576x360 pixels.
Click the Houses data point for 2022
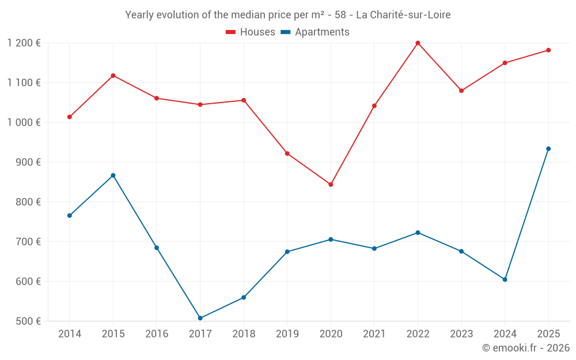418,43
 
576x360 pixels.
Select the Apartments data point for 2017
200,318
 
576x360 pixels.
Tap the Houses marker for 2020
331,184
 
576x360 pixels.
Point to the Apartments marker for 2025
548,149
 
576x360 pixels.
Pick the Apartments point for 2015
113,175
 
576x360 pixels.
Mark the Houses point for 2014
70,117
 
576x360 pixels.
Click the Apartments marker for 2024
505,279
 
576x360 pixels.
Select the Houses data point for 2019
287,153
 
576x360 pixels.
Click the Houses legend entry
251,32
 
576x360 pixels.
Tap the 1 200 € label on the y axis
24,43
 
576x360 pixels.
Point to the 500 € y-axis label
28,321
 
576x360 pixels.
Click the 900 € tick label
28,162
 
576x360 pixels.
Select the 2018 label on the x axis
244,334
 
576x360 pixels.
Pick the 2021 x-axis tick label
374,334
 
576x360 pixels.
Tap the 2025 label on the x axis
548,334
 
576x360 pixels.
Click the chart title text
287,15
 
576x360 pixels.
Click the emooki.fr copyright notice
525,348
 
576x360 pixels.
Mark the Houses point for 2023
461,90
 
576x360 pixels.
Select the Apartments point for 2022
418,233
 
